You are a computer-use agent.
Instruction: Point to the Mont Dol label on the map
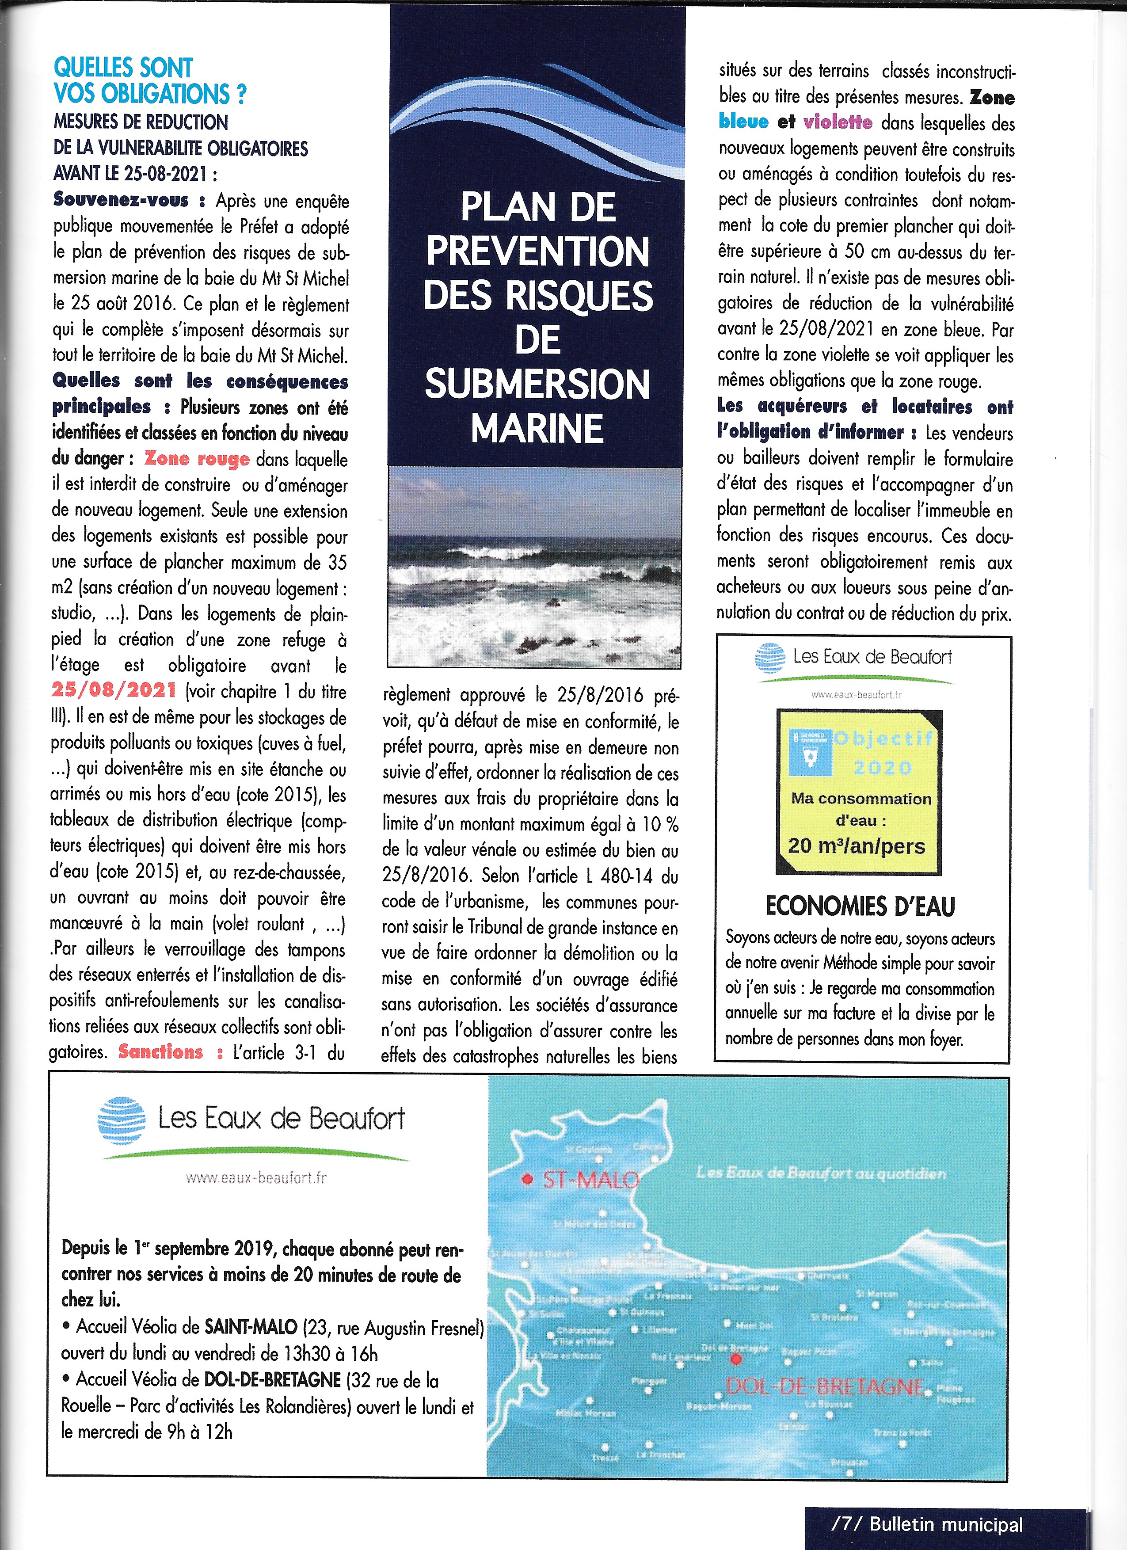pyautogui.click(x=755, y=1326)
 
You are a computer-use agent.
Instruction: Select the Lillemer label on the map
pyautogui.click(x=659, y=1330)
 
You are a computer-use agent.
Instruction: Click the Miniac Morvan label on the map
pyautogui.click(x=586, y=1413)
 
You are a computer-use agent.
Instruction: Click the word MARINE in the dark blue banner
pyautogui.click(x=537, y=429)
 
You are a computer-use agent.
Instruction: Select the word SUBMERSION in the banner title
pyautogui.click(x=537, y=384)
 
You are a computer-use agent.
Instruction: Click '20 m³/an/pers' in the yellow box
pyautogui.click(x=857, y=846)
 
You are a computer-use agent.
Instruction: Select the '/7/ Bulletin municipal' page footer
pyautogui.click(x=927, y=1525)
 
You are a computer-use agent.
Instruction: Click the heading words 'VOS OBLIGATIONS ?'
pyautogui.click(x=150, y=94)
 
